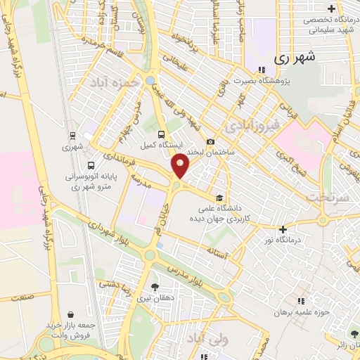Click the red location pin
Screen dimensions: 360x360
pyautogui.click(x=181, y=165)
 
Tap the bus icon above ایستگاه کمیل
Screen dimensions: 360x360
pyautogui.click(x=162, y=134)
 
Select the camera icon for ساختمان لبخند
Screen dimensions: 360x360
pyautogui.click(x=211, y=142)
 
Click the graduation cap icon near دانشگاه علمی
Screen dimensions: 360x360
pyautogui.click(x=220, y=179)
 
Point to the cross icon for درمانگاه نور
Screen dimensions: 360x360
pyautogui.click(x=283, y=229)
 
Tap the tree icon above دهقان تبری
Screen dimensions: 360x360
pyautogui.click(x=155, y=286)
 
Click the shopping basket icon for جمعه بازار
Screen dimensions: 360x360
pyautogui.click(x=70, y=315)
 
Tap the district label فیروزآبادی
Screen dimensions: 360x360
pyautogui.click(x=251, y=126)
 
